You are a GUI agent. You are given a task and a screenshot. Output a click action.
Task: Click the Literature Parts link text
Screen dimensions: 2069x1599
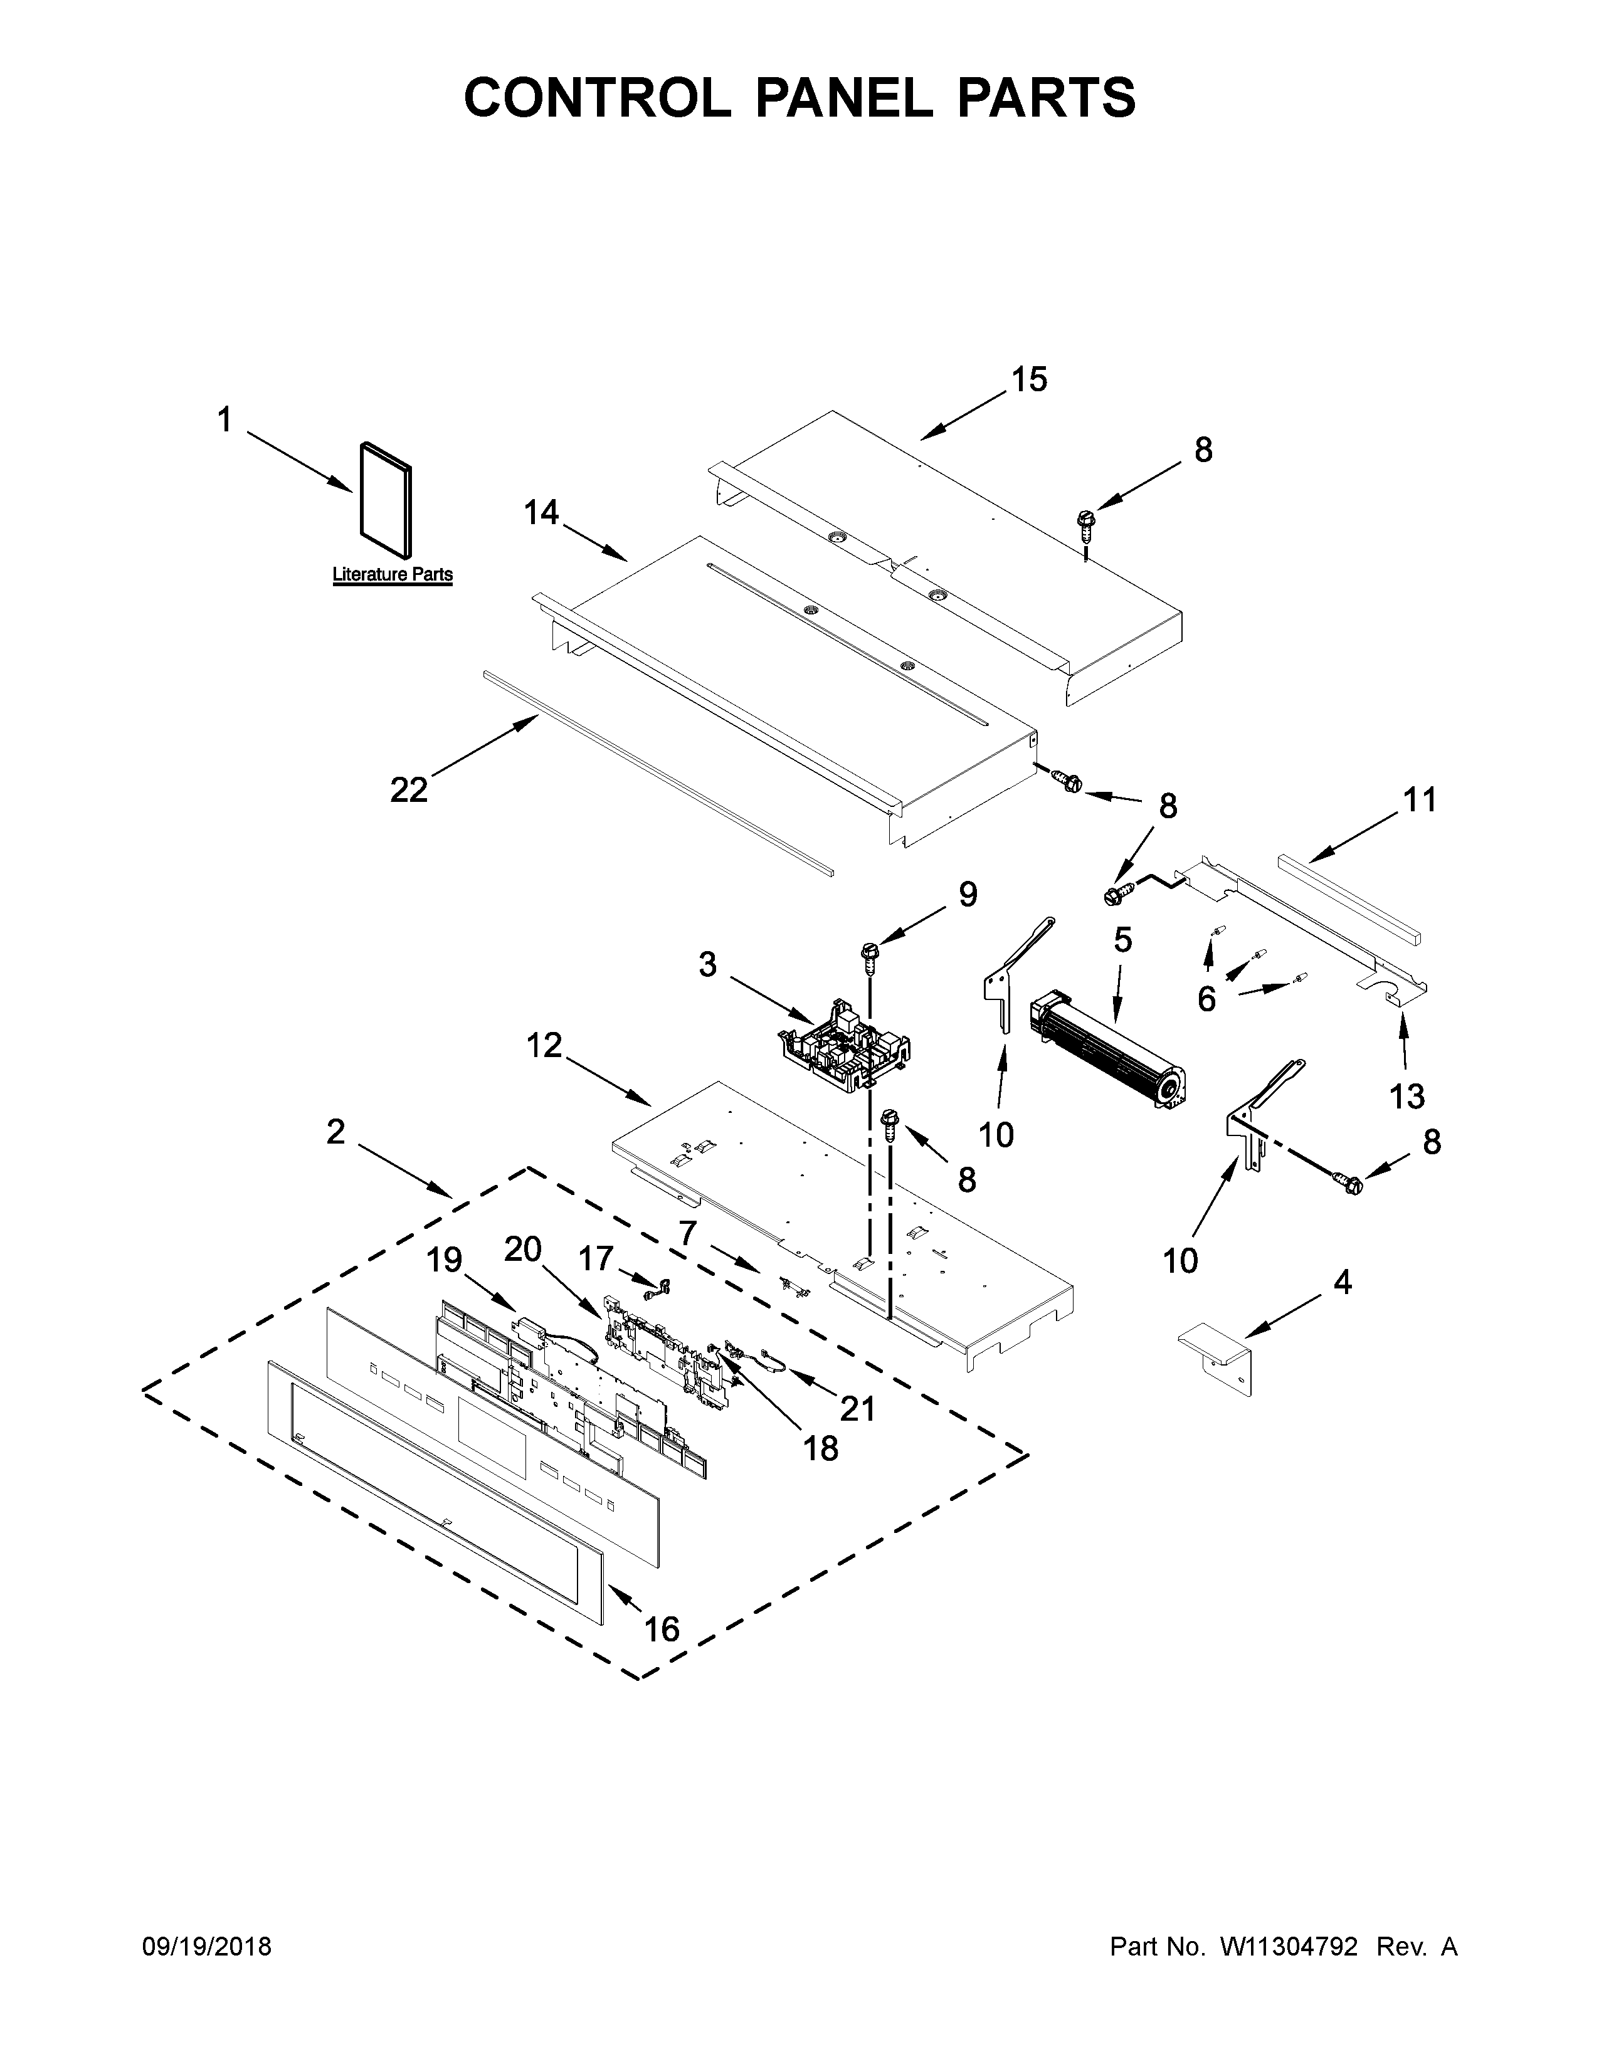coord(392,574)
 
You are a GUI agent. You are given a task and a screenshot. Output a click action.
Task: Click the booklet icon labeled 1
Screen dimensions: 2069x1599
coord(386,499)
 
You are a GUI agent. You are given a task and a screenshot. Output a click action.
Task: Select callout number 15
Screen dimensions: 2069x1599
coord(1029,380)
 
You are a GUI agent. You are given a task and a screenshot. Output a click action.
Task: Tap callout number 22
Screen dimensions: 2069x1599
coord(409,789)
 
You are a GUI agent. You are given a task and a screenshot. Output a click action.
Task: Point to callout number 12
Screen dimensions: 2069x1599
coord(545,1046)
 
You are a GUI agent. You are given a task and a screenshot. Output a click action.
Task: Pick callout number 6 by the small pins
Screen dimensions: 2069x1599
coord(1206,999)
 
